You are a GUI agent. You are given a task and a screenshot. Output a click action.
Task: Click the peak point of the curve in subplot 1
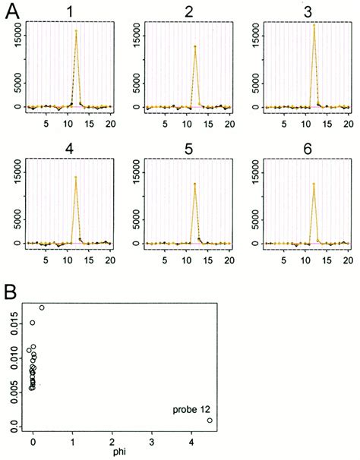pos(76,31)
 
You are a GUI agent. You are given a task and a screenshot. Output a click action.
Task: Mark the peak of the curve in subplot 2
pos(195,47)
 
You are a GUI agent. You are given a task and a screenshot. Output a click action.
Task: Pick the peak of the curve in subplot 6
pos(314,184)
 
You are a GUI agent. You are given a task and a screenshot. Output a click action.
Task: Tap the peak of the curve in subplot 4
pos(76,178)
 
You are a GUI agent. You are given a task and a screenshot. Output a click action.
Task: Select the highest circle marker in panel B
pos(42,307)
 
